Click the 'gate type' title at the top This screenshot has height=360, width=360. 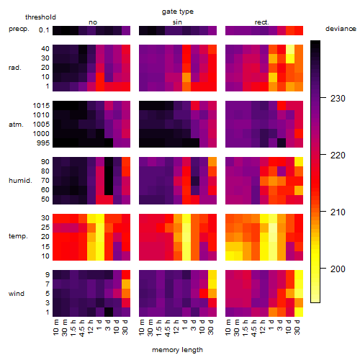point(178,12)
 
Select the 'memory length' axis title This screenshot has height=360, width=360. point(177,350)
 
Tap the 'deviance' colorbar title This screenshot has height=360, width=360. point(341,29)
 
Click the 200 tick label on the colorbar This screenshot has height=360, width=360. point(338,269)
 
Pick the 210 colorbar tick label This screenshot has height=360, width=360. point(338,212)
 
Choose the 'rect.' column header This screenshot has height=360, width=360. point(261,22)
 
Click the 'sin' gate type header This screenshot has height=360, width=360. point(177,22)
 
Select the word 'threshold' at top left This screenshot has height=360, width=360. point(40,17)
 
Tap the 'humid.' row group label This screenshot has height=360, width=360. point(20,181)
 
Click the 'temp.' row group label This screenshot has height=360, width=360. point(18,236)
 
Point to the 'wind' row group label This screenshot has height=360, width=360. point(17,294)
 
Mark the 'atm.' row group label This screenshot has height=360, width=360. point(16,125)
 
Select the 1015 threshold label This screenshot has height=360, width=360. point(41,106)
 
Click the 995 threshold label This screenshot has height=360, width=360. point(43,143)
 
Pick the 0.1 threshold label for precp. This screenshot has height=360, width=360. point(44,30)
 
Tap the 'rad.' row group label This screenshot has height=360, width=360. point(15,68)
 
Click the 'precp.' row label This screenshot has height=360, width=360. point(19,29)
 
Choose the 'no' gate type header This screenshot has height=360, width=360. point(93,22)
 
